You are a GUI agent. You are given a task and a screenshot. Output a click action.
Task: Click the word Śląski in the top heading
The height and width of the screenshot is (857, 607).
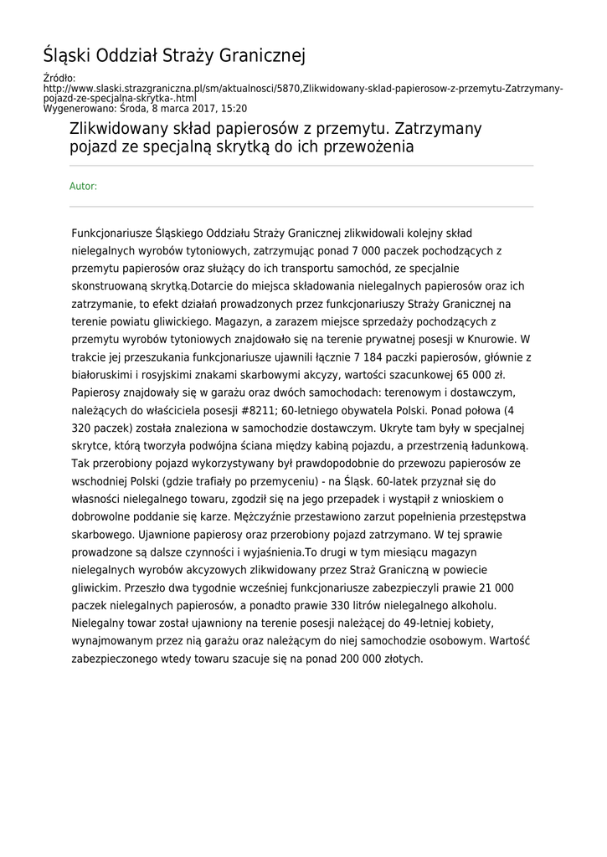pyautogui.click(x=68, y=56)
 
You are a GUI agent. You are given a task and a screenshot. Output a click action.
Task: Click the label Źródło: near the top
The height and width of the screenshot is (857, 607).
pyautogui.click(x=59, y=78)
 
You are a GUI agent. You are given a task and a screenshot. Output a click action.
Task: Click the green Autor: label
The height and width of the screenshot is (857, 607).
pyautogui.click(x=83, y=186)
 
